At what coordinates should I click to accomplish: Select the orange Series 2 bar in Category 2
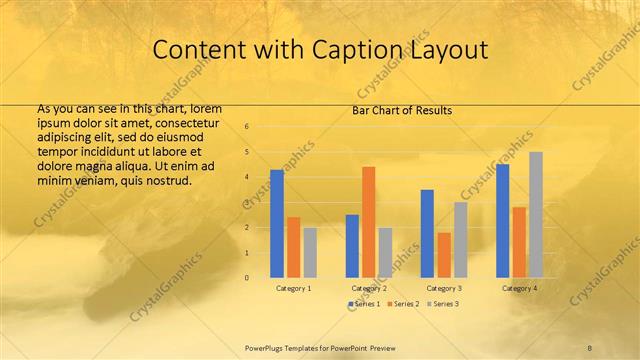pos(368,222)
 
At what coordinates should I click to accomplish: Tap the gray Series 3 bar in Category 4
pos(536,215)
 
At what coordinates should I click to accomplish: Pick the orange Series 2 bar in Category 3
pos(443,255)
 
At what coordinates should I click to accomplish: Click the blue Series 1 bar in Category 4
pos(503,221)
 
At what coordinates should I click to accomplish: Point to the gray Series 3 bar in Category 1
pos(310,252)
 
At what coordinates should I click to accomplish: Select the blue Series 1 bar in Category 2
pos(352,246)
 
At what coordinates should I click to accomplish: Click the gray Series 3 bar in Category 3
pos(460,240)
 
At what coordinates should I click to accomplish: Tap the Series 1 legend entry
pos(364,303)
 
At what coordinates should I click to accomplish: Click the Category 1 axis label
pos(293,288)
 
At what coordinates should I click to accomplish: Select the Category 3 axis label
pos(444,288)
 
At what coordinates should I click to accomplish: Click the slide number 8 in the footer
pos(589,346)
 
